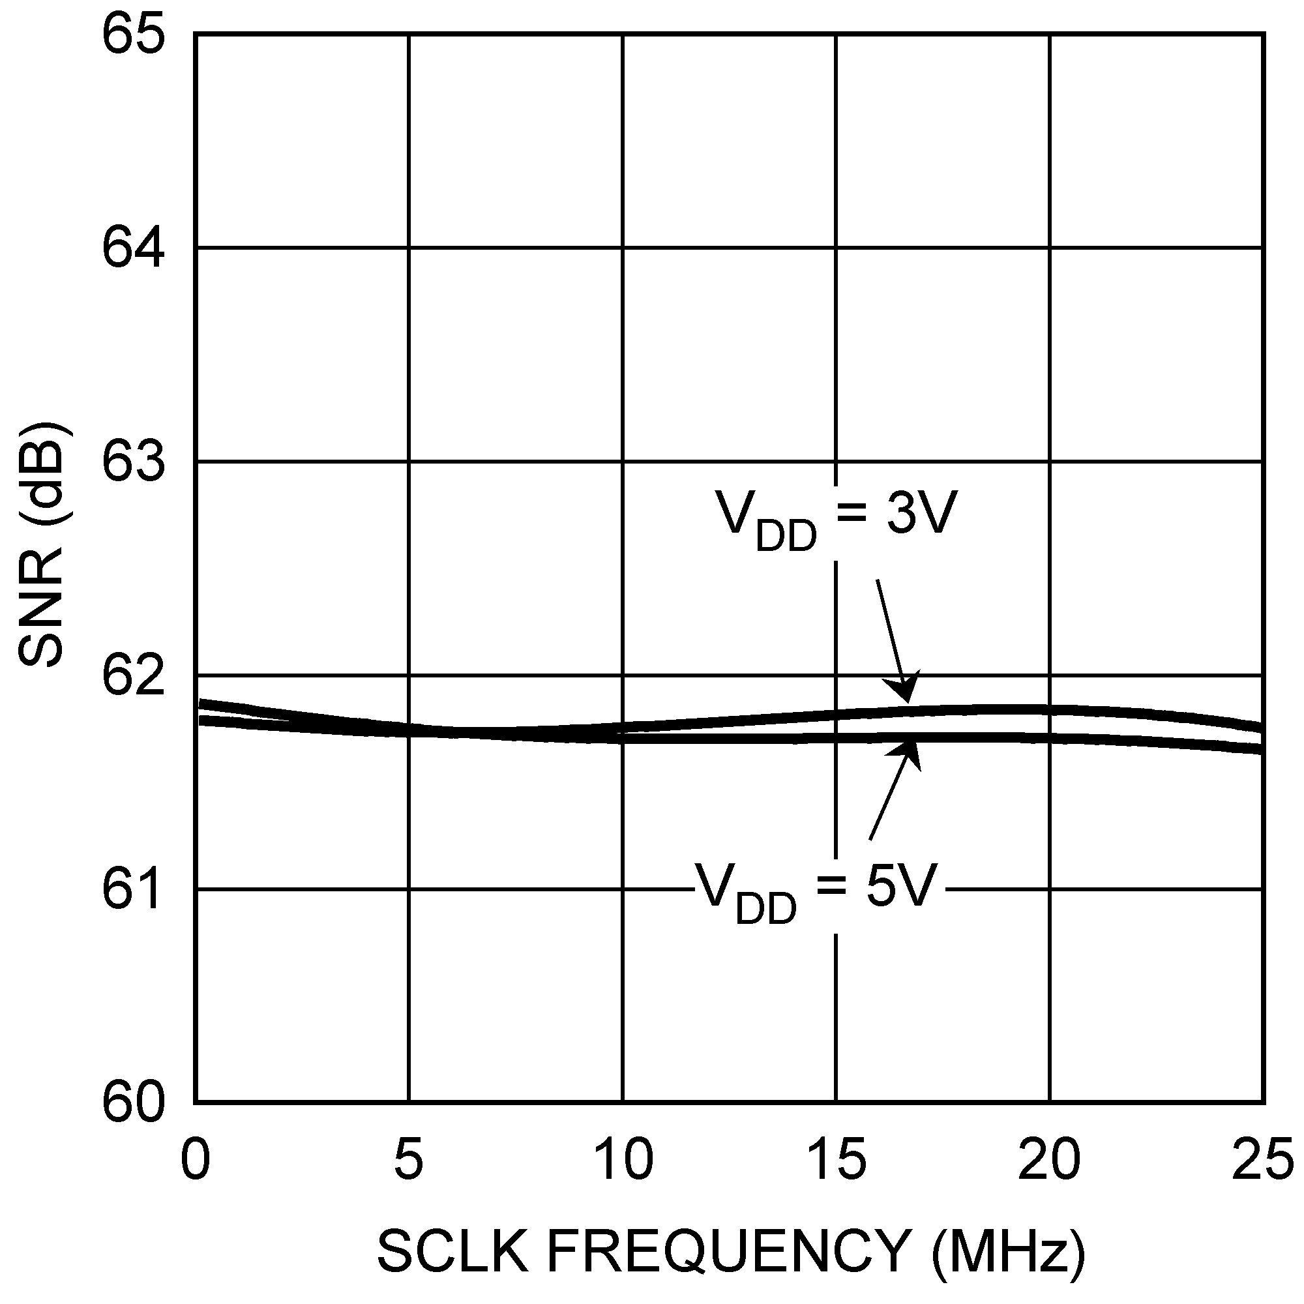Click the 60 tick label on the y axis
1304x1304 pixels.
133,1103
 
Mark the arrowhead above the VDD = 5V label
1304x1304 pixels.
911,751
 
